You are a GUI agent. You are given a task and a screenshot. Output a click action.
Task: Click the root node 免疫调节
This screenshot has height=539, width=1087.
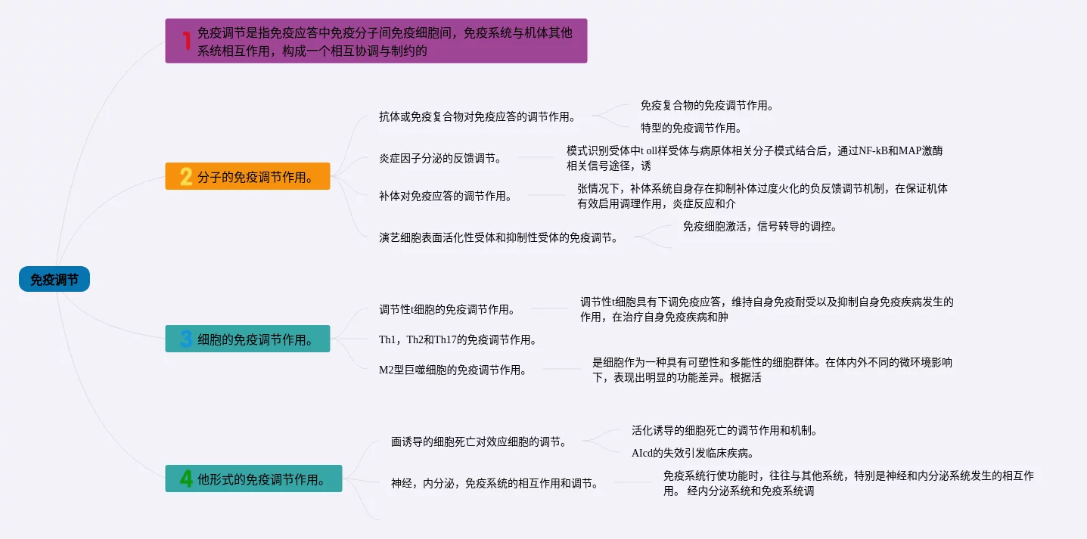(54, 280)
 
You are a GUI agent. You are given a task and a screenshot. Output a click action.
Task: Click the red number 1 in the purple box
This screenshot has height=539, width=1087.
(186, 40)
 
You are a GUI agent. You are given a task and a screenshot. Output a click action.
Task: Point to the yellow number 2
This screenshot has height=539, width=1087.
(186, 177)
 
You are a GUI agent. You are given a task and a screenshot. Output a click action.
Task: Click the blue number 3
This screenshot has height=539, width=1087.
(186, 339)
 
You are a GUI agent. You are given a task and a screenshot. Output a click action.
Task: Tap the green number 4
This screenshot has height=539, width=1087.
(186, 479)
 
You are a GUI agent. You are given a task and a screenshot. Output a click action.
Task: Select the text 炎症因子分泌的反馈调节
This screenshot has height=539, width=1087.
(439, 159)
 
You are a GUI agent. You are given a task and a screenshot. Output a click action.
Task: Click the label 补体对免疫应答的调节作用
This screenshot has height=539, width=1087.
(445, 196)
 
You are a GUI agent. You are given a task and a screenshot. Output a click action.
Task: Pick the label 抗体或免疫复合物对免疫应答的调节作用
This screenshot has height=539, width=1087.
(477, 116)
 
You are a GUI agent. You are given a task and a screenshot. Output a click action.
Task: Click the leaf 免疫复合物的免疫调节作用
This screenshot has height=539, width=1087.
(707, 105)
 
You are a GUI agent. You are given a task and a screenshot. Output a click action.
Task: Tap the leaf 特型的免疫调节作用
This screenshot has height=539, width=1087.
(691, 128)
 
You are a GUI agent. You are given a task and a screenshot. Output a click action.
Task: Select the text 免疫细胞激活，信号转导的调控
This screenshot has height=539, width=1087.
(759, 226)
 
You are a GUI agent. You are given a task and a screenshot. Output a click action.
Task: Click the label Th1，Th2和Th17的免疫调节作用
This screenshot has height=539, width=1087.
(458, 339)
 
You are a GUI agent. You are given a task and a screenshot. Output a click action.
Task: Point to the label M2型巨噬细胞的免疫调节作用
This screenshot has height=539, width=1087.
(452, 370)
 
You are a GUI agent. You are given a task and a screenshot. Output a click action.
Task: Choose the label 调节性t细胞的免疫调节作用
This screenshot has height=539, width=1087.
(447, 309)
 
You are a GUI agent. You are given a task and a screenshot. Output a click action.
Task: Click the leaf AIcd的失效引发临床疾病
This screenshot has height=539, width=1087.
(692, 454)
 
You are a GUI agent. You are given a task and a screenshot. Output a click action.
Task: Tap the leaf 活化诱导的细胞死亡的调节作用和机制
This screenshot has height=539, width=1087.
(725, 430)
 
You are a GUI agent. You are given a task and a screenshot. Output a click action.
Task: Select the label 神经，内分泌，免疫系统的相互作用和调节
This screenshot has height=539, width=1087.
(495, 483)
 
